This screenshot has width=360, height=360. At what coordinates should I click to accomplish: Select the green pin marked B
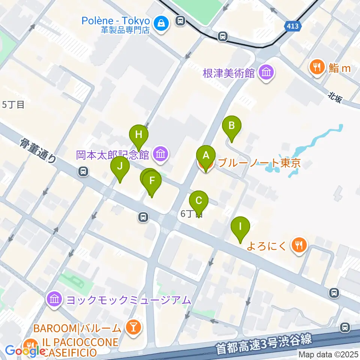click(x=232, y=126)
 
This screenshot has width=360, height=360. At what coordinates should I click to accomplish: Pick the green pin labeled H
click(x=139, y=135)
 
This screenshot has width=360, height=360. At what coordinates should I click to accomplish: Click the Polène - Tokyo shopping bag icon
click(x=163, y=23)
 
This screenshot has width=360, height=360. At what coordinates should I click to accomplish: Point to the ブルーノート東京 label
click(x=259, y=163)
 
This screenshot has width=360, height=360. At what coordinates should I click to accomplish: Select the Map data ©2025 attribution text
click(x=328, y=354)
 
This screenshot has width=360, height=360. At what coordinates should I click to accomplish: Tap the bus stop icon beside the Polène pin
click(x=181, y=20)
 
